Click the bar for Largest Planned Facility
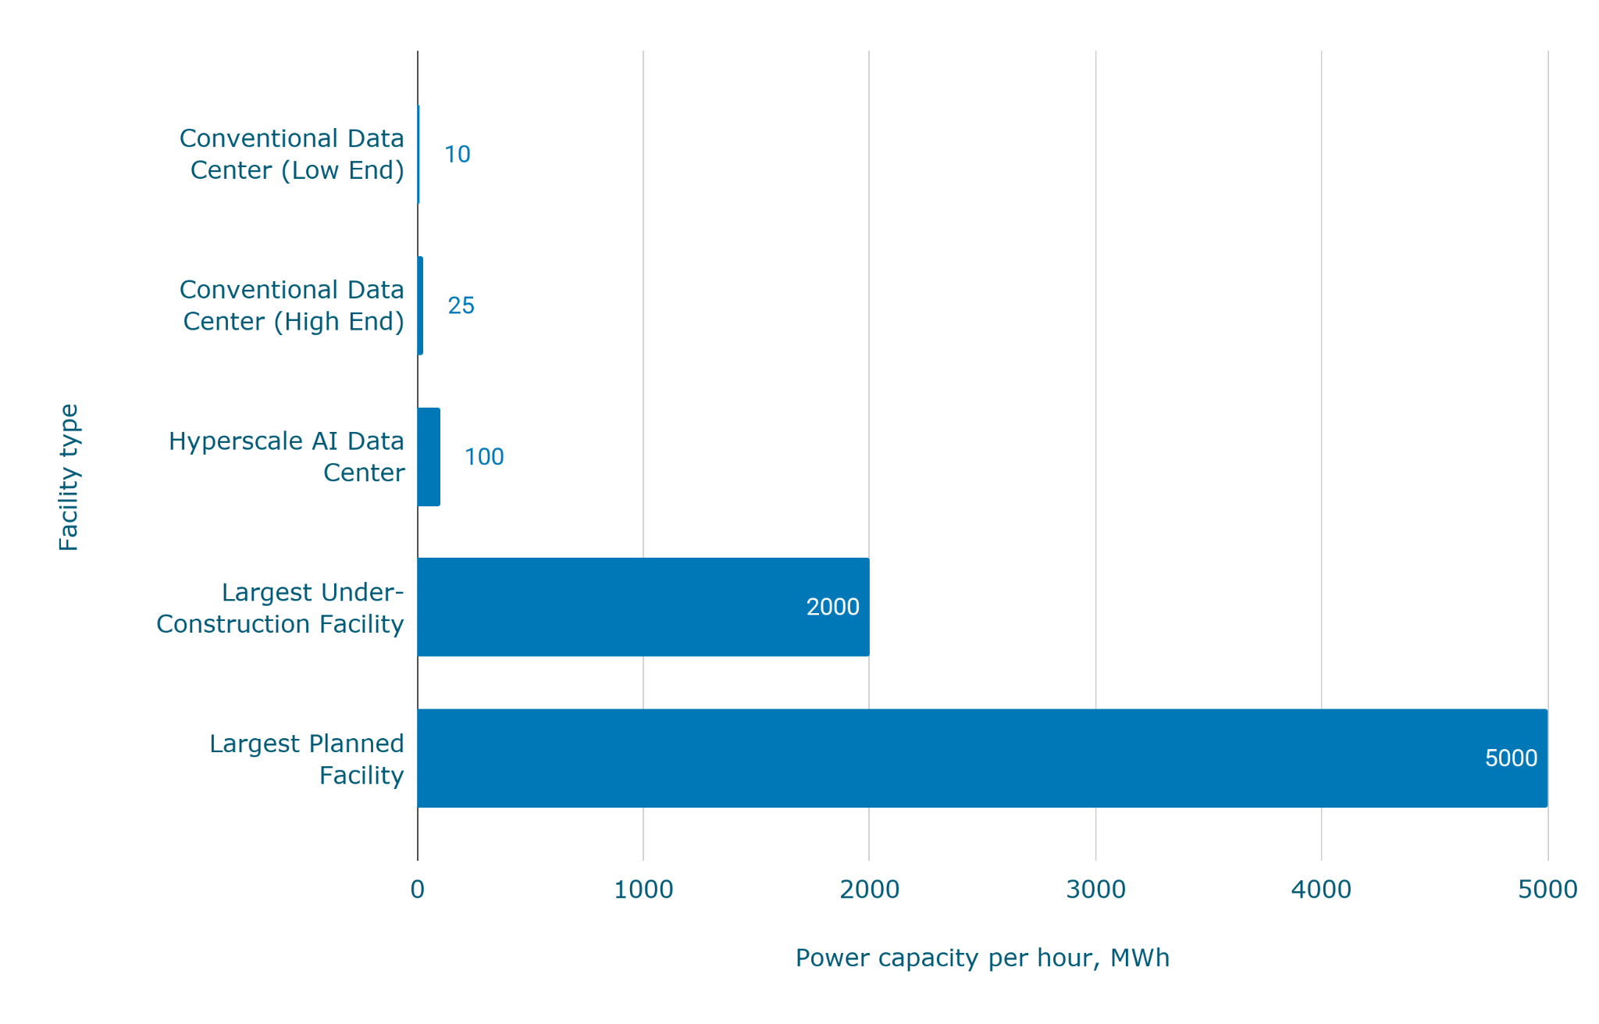coord(982,758)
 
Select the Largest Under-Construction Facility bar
coord(643,607)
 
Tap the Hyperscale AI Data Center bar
coord(429,457)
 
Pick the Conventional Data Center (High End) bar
coord(420,305)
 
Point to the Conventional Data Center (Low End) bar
coord(418,154)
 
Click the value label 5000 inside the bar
coord(1511,758)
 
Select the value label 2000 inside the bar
coord(832,607)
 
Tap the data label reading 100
coord(484,457)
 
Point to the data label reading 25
coord(461,305)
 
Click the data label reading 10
coord(458,155)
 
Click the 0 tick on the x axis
coord(418,890)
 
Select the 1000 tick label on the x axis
coord(643,890)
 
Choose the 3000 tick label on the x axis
coord(1095,890)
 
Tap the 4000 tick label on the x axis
coord(1321,890)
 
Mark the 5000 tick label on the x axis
coord(1547,890)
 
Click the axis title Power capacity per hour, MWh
coord(982,958)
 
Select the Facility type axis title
coord(69,477)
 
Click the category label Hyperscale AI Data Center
coord(287,457)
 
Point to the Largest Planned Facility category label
coord(307,758)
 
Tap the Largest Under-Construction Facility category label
coord(280,608)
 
